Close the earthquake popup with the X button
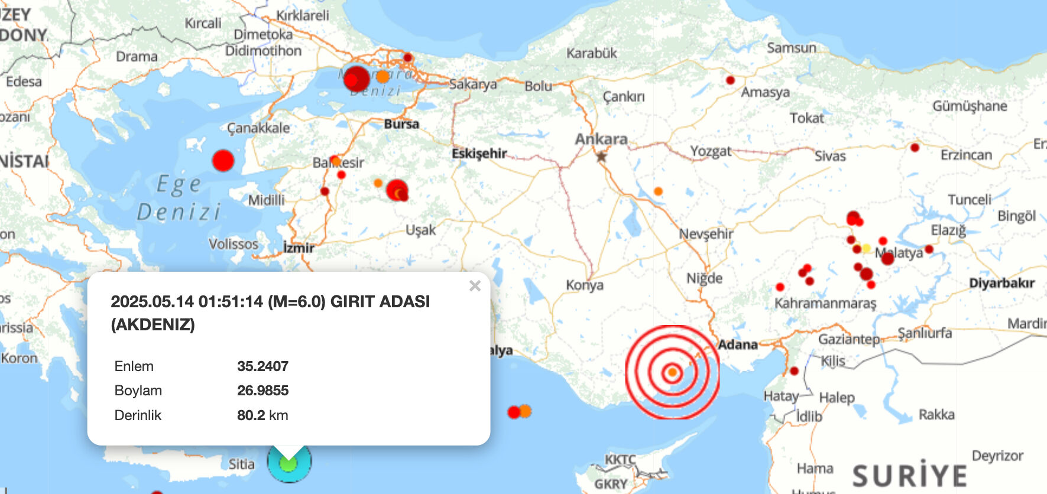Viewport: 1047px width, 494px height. tap(475, 286)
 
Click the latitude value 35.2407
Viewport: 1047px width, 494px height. tap(262, 366)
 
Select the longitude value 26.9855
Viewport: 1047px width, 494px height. tap(262, 391)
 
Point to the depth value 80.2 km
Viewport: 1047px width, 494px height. tap(262, 415)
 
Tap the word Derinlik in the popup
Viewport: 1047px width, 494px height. tap(138, 415)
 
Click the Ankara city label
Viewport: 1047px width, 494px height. tap(601, 139)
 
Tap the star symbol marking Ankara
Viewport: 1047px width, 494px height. tap(601, 157)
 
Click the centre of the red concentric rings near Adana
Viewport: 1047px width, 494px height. tap(672, 372)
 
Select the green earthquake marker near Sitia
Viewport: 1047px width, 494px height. tap(289, 464)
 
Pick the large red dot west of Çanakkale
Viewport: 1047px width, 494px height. tap(223, 161)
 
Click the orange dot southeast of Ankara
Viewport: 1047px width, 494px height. tap(658, 191)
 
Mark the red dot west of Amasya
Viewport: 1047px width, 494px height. tap(730, 80)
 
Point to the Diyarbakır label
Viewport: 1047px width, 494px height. tap(1001, 284)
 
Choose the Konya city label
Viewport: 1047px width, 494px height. tap(585, 285)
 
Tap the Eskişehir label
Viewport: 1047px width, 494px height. tap(479, 154)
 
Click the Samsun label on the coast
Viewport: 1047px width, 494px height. tap(791, 48)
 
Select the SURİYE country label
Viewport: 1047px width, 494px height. tap(909, 476)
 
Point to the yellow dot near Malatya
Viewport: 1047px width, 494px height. tap(866, 248)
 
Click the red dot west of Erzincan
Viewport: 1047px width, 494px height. tap(915, 147)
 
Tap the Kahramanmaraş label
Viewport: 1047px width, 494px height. tap(825, 304)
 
